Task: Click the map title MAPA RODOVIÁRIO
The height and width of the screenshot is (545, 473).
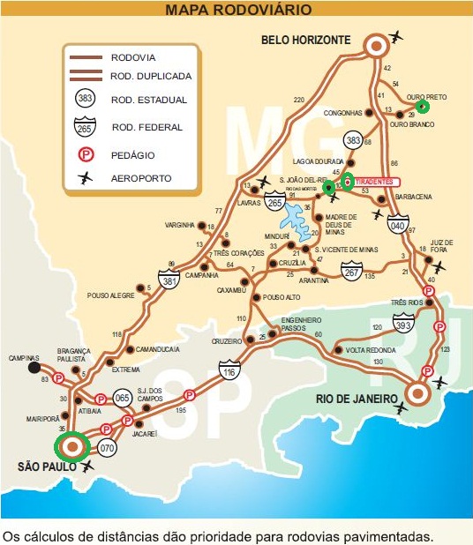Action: click(237, 10)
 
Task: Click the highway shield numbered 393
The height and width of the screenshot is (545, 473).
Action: click(403, 325)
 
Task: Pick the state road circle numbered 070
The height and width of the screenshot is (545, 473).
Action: click(107, 447)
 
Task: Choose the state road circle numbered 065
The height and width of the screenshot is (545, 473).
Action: click(124, 399)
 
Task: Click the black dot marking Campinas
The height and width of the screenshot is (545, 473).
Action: click(34, 367)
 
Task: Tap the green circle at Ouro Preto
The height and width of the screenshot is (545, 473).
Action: click(422, 107)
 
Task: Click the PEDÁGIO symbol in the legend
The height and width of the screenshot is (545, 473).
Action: click(85, 153)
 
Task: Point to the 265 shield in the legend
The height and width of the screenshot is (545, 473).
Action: click(85, 128)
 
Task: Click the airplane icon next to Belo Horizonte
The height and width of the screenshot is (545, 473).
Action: click(394, 38)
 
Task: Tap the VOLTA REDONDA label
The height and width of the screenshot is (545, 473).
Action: click(367, 350)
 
